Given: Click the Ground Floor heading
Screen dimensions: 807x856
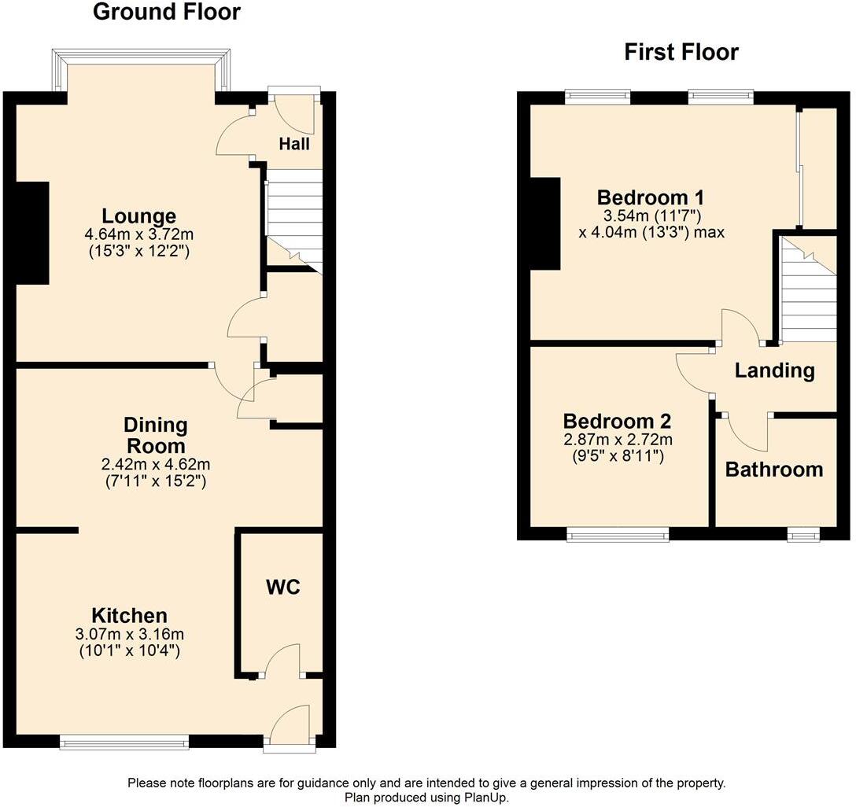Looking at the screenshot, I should click(166, 13).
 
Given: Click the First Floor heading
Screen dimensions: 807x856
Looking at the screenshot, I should click(681, 53).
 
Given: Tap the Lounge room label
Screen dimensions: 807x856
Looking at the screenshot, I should click(138, 216).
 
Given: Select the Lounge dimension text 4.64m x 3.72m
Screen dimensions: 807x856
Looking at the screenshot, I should click(138, 234).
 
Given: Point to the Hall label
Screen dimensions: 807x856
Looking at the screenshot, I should click(294, 144).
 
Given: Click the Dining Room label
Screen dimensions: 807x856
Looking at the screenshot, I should click(156, 436).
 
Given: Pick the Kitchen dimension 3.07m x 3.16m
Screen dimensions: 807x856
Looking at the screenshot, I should click(129, 634).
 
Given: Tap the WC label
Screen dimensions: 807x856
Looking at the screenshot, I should click(283, 587).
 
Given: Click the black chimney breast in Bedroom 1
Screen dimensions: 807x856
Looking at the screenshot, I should click(544, 223).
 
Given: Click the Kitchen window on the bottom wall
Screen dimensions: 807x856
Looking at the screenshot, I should click(124, 741).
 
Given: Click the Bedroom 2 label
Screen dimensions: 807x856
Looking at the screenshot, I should click(617, 421).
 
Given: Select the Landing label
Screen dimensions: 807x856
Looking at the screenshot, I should click(774, 370).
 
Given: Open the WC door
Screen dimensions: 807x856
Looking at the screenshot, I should click(283, 659).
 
